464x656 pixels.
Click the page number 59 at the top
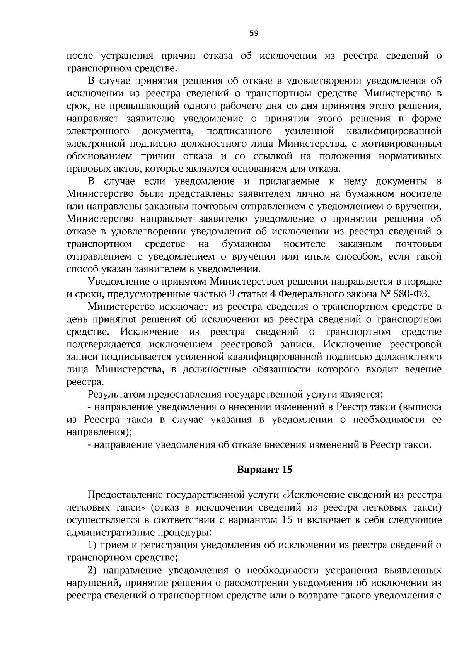tap(254, 34)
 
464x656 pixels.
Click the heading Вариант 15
tap(264, 470)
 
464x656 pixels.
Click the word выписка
tap(421, 407)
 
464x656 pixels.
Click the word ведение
tap(423, 369)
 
